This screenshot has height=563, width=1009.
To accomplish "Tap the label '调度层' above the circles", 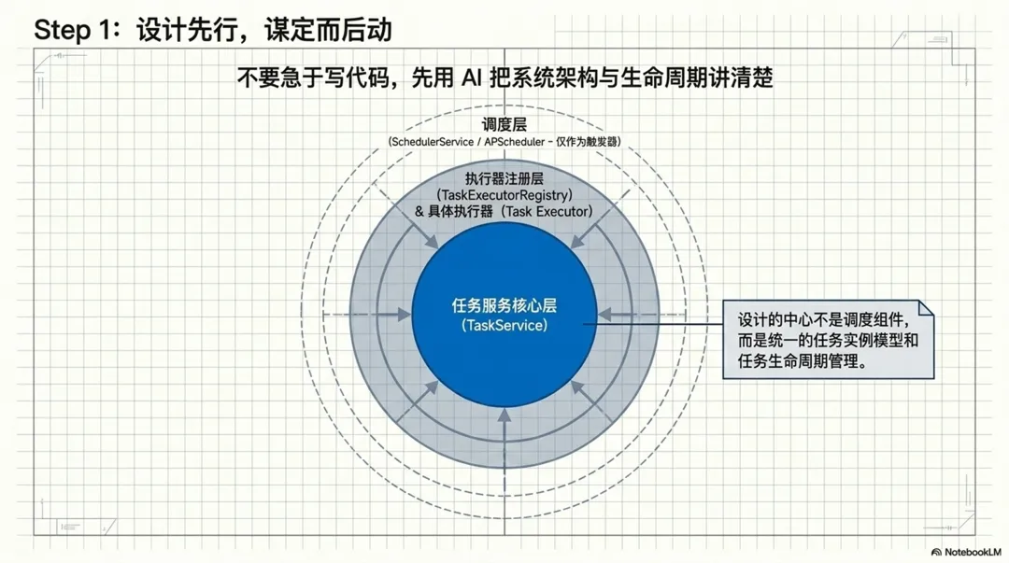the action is click(504, 124).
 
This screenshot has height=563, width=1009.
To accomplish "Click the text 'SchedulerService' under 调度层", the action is click(432, 141).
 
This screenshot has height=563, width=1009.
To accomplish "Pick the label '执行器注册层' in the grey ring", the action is click(504, 178).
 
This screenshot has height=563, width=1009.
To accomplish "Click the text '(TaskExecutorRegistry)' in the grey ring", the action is click(504, 195).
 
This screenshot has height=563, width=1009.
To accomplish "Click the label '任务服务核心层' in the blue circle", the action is click(504, 306).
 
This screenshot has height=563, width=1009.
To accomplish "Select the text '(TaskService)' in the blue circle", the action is click(504, 325).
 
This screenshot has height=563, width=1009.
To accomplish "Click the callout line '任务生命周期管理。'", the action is click(802, 361).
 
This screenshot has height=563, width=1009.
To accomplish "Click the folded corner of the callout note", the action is click(925, 308).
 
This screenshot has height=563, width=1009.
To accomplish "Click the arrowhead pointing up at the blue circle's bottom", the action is click(504, 415).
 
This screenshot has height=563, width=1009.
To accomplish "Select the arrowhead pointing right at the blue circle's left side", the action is click(405, 316).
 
